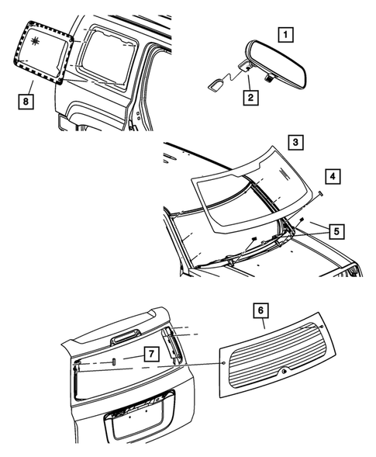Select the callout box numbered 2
click(x=250, y=97)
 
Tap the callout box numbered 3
click(x=295, y=142)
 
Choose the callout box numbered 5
click(x=336, y=230)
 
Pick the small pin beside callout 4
click(x=319, y=192)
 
